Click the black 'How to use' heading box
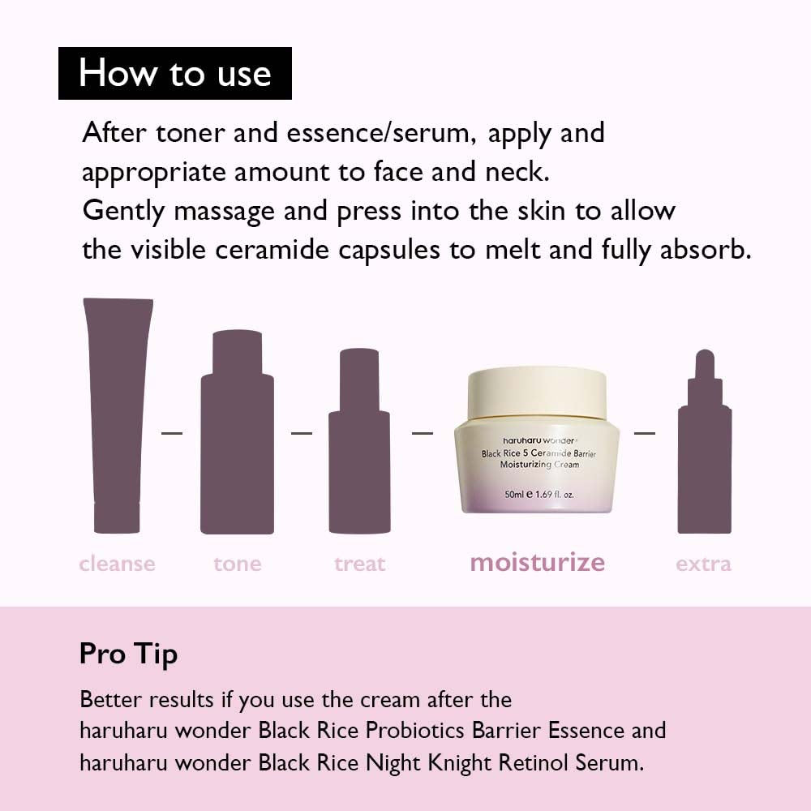click(174, 73)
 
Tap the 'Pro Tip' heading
click(128, 654)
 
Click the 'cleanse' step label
click(117, 564)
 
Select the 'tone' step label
click(238, 564)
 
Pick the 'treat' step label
click(359, 564)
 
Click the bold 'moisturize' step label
click(537, 562)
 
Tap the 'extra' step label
click(703, 564)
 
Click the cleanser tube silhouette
click(118, 414)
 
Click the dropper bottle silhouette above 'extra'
click(704, 454)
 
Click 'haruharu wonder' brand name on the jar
click(535, 440)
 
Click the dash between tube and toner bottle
click(172, 433)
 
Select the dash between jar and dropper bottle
click(645, 433)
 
